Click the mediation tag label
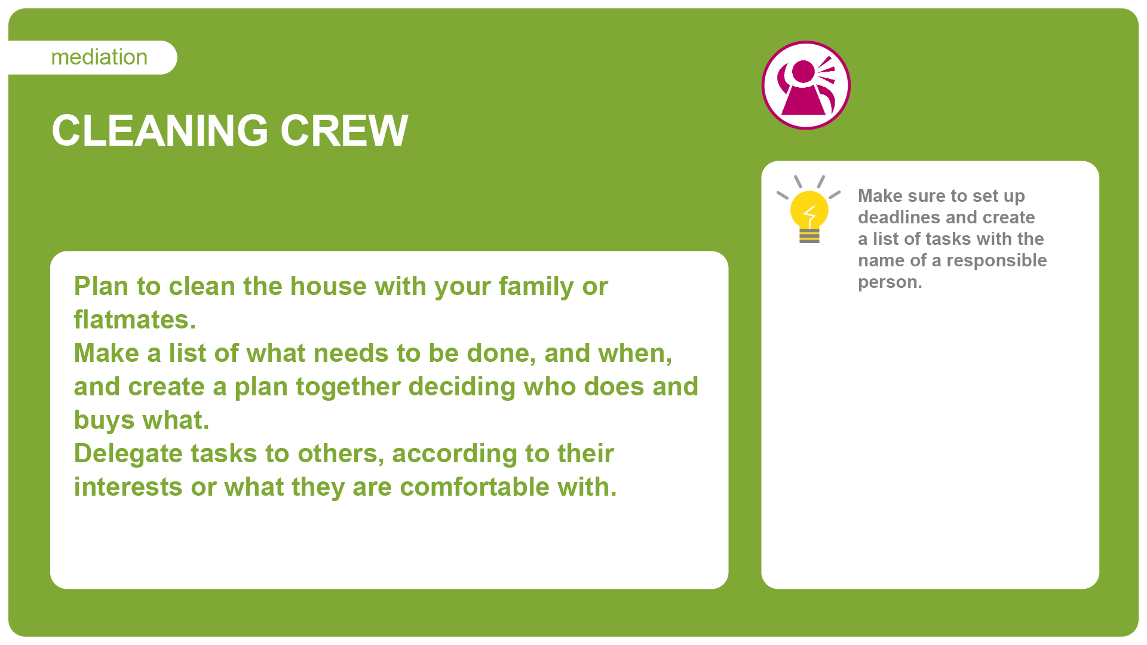tap(99, 57)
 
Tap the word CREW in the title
tap(344, 130)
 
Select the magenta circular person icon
tap(806, 85)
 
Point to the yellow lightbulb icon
tap(809, 210)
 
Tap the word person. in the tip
tap(890, 282)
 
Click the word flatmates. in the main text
tap(135, 320)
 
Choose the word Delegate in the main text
tap(128, 454)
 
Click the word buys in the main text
tap(105, 421)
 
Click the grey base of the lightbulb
tap(809, 236)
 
